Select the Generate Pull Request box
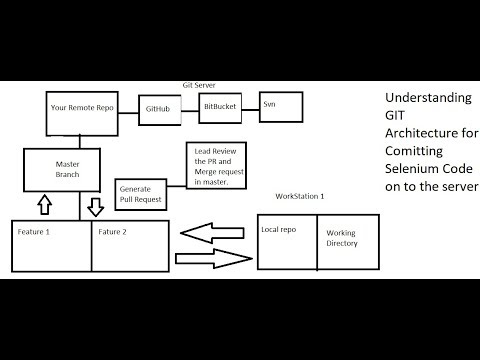click(141, 193)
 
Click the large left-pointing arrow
click(212, 233)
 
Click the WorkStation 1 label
click(299, 196)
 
